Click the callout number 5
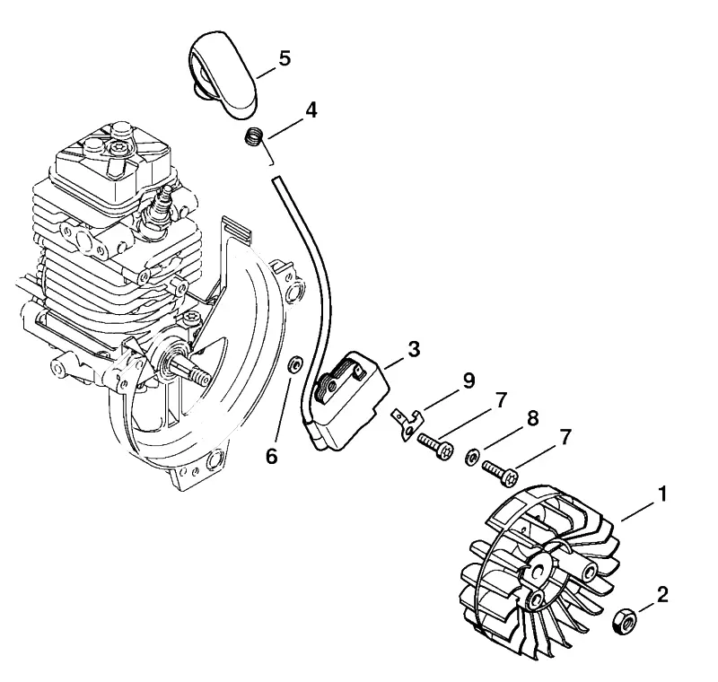click(x=285, y=59)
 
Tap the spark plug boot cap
click(x=223, y=75)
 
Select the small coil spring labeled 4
click(x=253, y=137)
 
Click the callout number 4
click(x=311, y=110)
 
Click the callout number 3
click(x=414, y=350)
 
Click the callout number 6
click(x=272, y=457)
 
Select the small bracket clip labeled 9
click(x=407, y=424)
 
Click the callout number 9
click(x=468, y=380)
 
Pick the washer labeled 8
click(x=473, y=457)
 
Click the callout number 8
click(x=532, y=419)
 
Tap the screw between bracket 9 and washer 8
click(x=435, y=445)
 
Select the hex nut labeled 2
click(x=625, y=621)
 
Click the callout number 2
click(x=662, y=595)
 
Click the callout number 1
click(x=662, y=494)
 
